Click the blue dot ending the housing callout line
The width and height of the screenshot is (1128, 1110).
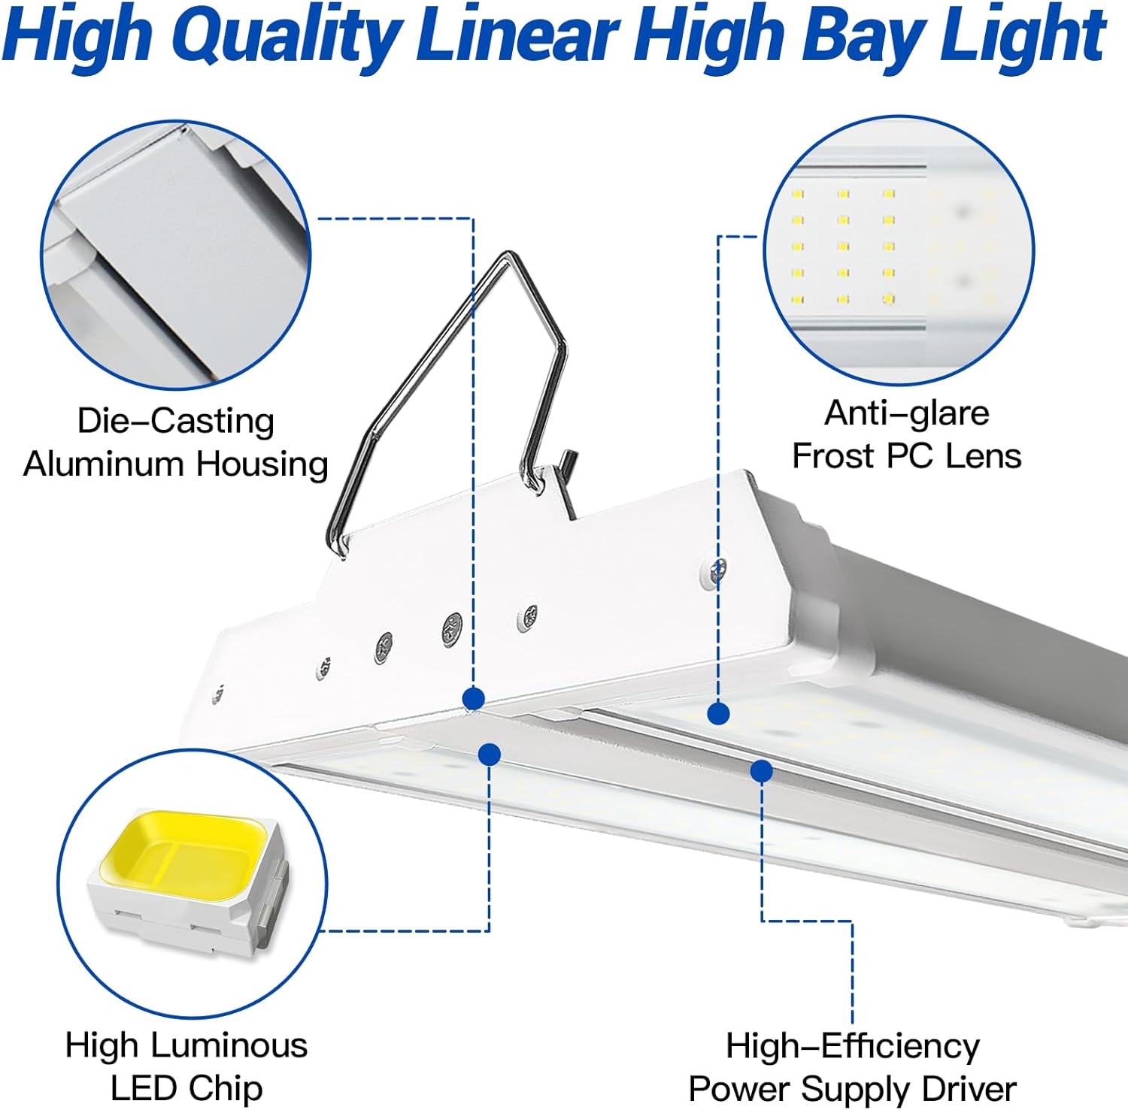473,699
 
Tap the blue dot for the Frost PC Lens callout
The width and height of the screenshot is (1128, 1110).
718,712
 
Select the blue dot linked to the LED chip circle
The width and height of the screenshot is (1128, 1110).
490,754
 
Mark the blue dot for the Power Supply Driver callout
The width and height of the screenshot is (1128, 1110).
761,770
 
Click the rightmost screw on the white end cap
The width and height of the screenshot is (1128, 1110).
718,570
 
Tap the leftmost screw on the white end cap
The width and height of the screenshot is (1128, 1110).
218,694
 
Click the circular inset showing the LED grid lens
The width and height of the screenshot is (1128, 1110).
899,251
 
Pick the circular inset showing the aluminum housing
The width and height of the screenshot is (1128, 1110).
176,256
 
